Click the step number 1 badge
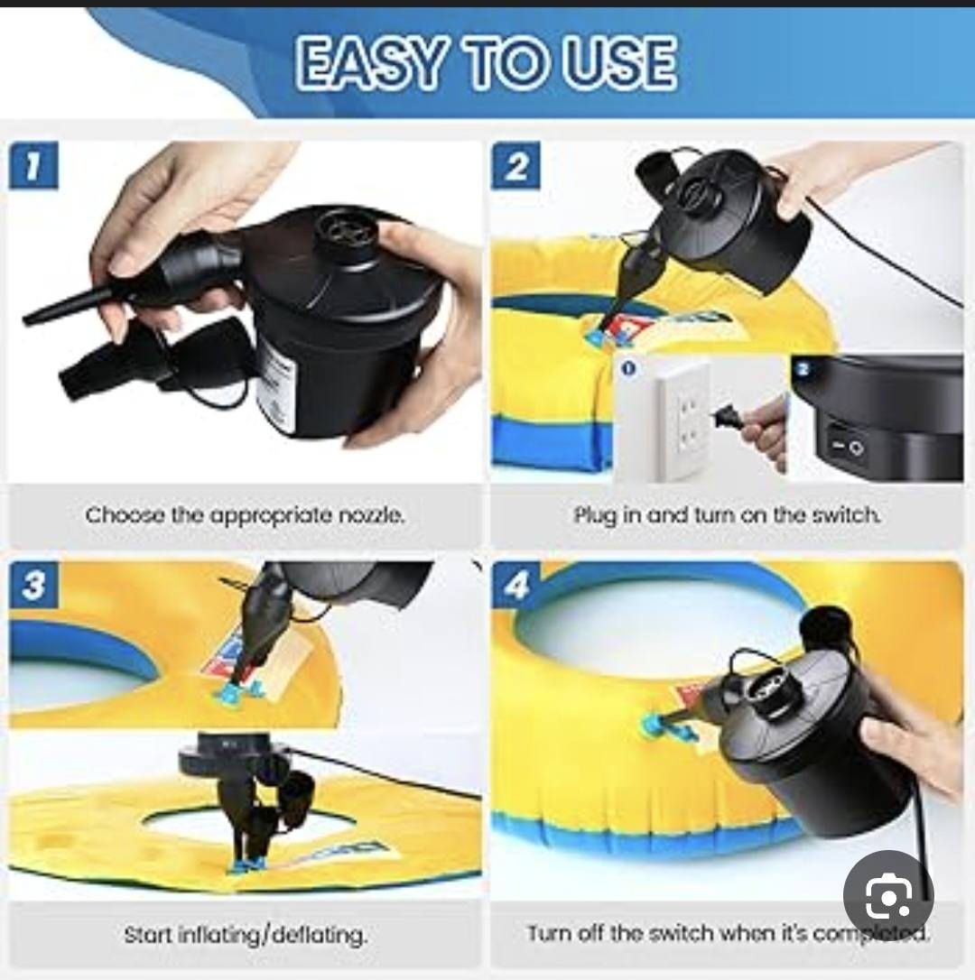33,165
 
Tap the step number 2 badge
516,165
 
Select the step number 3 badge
33,585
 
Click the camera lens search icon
888,895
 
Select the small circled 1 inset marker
629,368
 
